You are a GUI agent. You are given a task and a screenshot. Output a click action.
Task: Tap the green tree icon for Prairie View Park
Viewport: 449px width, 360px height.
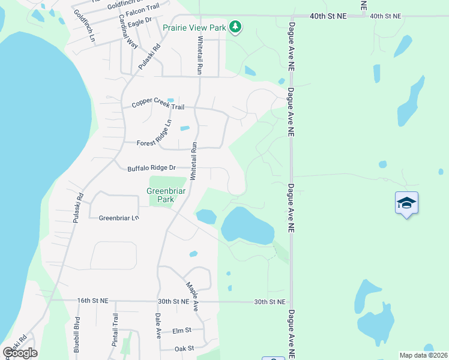click(237, 26)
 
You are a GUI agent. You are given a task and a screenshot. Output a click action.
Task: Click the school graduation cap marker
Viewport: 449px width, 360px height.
click(406, 203)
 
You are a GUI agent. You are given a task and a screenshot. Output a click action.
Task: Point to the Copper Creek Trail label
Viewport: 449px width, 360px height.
click(158, 106)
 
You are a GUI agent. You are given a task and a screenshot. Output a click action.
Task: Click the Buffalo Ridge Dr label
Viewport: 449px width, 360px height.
click(151, 169)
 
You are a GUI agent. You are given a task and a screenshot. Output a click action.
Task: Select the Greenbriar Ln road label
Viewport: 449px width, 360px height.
click(119, 218)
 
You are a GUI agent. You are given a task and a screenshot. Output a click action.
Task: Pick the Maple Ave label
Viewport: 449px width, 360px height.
click(192, 296)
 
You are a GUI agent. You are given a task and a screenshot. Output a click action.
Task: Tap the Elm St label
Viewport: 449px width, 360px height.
click(181, 330)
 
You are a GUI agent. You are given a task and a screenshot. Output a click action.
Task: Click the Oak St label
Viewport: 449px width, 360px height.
click(184, 348)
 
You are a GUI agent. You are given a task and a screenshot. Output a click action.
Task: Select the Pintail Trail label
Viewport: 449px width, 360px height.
click(115, 332)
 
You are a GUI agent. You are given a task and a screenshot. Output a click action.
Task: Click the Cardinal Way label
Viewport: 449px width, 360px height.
click(128, 31)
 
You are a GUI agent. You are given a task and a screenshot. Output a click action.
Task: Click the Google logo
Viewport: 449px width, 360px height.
click(20, 352)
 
